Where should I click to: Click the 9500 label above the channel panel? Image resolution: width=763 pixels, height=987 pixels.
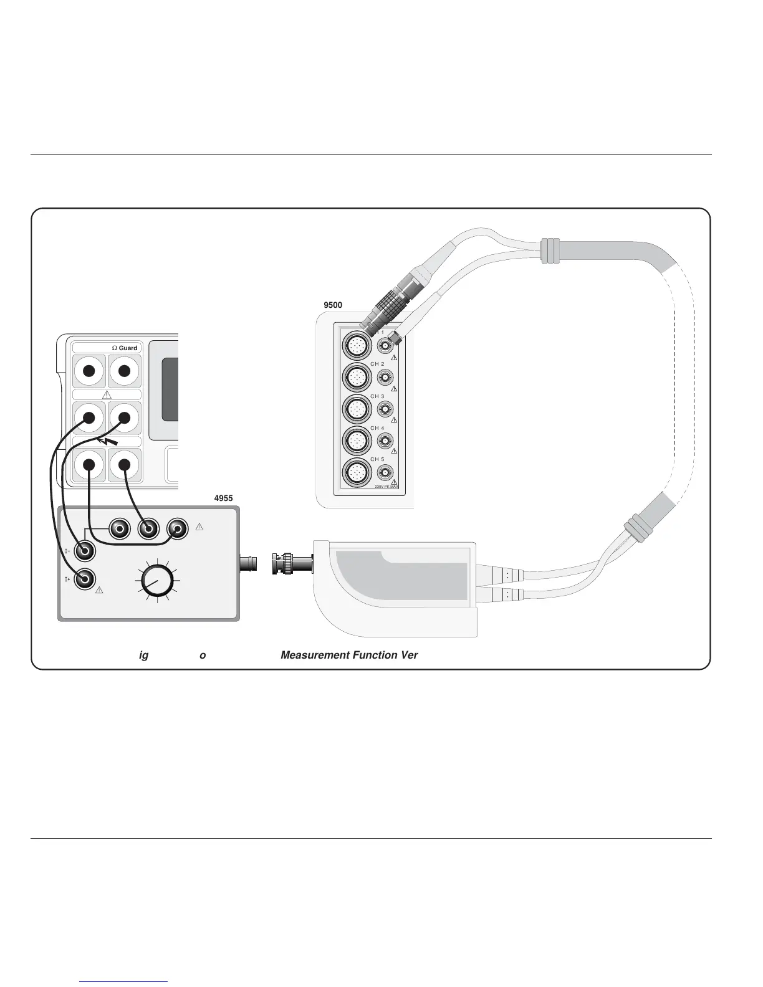tap(334, 305)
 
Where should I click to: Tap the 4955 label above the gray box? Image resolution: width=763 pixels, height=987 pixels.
tap(223, 498)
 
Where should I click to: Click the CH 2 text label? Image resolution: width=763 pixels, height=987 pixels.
tap(378, 364)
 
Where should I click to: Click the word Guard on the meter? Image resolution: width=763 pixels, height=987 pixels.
tap(128, 348)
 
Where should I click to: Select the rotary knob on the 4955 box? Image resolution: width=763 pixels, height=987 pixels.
tap(156, 580)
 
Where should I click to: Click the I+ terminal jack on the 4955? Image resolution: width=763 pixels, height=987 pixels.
tap(85, 579)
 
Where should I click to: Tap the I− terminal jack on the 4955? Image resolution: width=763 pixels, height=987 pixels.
tap(85, 551)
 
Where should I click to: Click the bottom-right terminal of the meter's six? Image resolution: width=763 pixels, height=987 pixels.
tap(124, 465)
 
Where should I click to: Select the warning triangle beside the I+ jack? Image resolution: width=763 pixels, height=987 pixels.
tap(98, 590)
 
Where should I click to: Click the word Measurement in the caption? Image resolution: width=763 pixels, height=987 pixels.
tap(313, 655)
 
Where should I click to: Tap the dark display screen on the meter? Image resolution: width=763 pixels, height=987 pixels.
tap(170, 389)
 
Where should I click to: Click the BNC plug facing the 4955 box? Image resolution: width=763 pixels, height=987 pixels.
tap(289, 565)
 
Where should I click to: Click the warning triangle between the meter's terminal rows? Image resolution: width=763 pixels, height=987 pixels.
tap(107, 394)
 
